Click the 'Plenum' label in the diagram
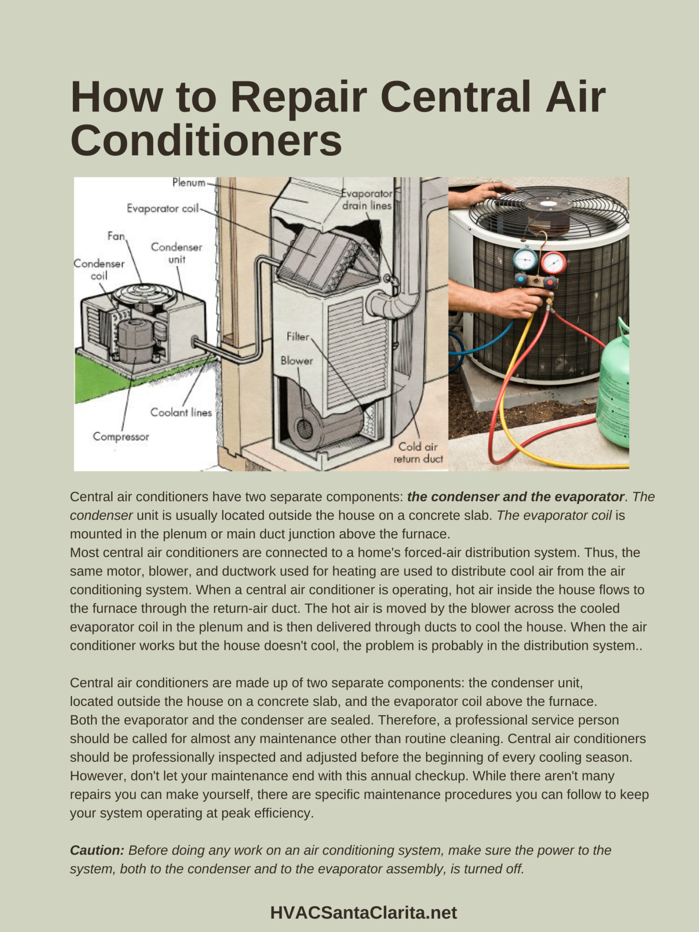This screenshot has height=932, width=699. coord(188,183)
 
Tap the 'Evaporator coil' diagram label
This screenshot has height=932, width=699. coord(162,208)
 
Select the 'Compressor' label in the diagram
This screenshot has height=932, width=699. coord(121,437)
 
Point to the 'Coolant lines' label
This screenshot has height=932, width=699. coord(181,413)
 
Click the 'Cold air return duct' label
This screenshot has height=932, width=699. coord(418,453)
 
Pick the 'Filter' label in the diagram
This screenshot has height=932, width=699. coord(298,337)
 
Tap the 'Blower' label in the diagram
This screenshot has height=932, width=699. coord(297,361)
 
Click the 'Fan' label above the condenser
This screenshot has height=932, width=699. coord(116,236)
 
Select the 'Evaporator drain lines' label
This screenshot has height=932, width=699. coord(367,200)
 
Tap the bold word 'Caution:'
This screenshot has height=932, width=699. coord(97,850)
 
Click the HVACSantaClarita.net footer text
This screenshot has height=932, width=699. coord(363,912)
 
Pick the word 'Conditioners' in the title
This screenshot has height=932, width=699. coord(206,140)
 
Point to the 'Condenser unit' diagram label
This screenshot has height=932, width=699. coord(177,253)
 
